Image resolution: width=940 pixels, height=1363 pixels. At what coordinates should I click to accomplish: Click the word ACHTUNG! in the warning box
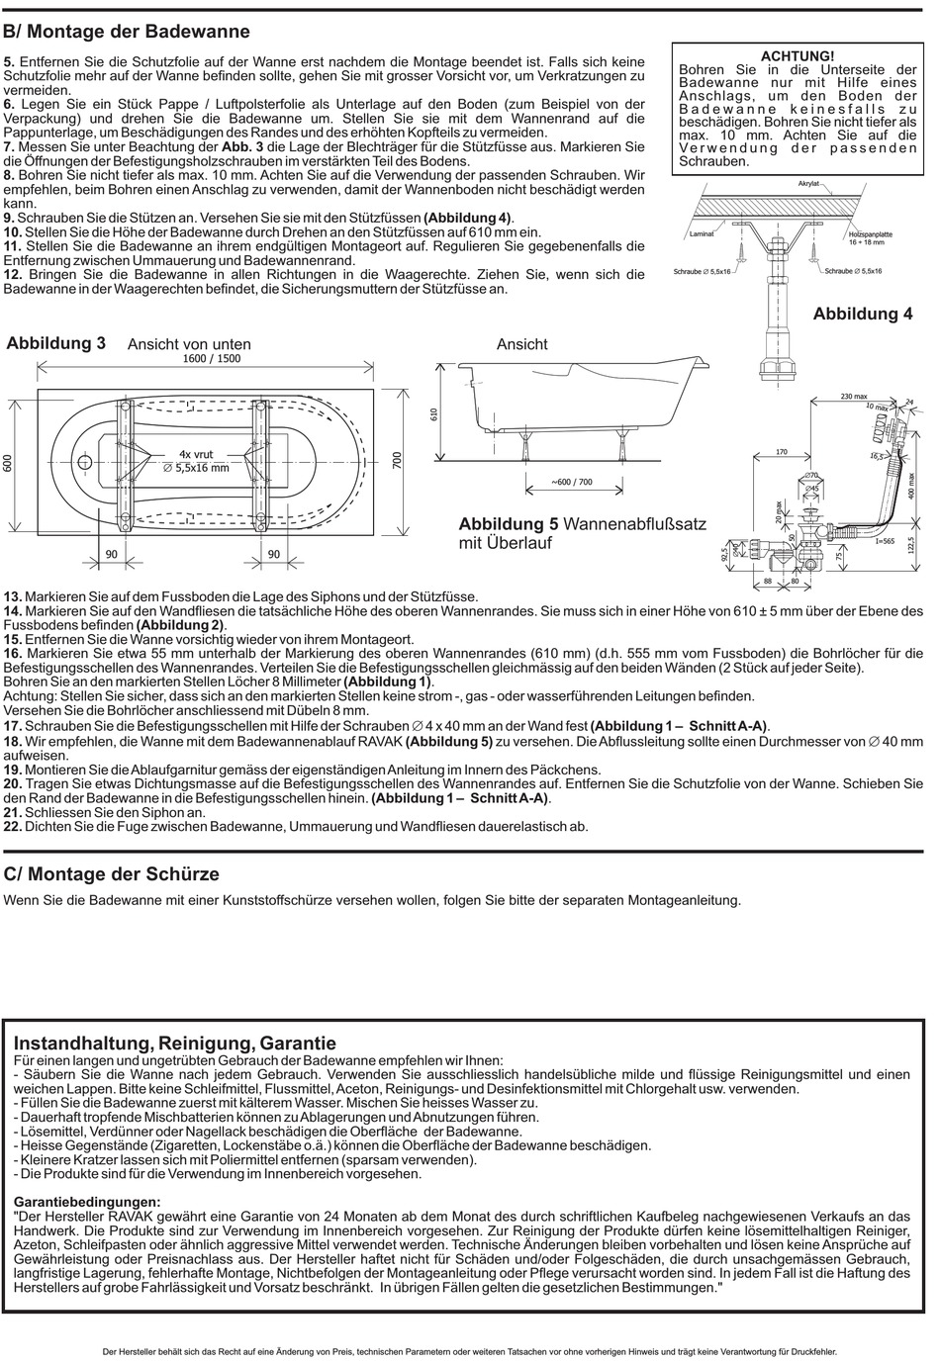tap(798, 56)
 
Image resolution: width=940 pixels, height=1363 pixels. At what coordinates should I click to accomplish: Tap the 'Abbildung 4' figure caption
tap(863, 314)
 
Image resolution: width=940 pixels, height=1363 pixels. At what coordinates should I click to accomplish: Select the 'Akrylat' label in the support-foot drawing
tap(809, 185)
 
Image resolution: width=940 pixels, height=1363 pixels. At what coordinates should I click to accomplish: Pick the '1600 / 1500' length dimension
tap(212, 359)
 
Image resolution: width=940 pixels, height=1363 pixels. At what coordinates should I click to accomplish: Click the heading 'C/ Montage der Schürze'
tap(112, 874)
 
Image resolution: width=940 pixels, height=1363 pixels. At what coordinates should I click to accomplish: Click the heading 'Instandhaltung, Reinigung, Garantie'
tap(175, 1044)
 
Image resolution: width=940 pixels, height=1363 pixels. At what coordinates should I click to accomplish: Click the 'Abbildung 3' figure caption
tap(56, 343)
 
